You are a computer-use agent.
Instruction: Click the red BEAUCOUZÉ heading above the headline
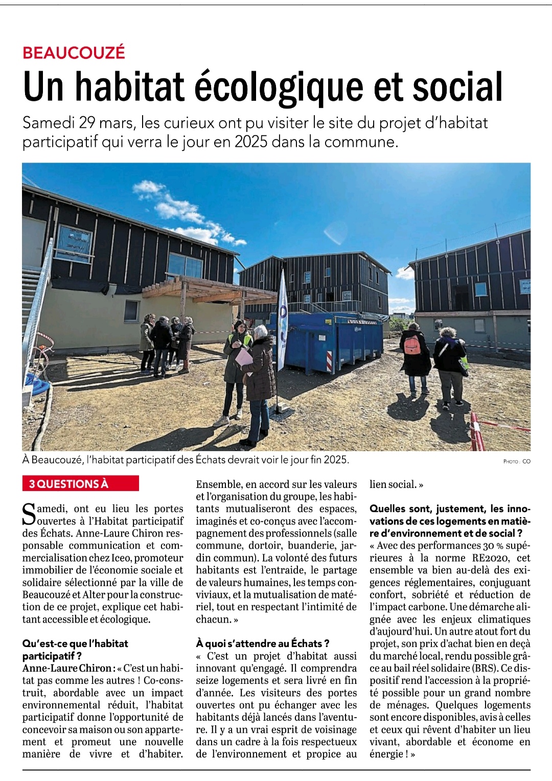[x=74, y=53]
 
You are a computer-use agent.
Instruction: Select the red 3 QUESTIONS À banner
[x=80, y=484]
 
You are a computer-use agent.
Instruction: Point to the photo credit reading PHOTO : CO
[x=517, y=461]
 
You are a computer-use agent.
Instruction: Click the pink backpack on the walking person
[x=412, y=344]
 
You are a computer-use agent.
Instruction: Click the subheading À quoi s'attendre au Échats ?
[x=263, y=643]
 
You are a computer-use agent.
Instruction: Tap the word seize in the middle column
[x=209, y=680]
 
